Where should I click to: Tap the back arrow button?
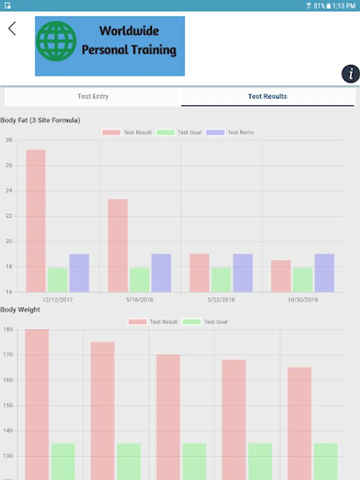click(12, 29)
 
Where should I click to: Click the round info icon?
click(350, 74)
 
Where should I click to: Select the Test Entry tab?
click(93, 97)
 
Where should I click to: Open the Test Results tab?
click(268, 97)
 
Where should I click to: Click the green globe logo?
click(56, 42)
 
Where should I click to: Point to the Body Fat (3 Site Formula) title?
click(41, 121)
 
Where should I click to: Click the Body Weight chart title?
click(20, 309)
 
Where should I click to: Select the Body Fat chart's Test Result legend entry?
click(127, 132)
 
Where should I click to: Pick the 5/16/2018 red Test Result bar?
click(118, 245)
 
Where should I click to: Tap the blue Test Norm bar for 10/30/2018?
click(324, 273)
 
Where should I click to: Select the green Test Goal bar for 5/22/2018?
click(221, 279)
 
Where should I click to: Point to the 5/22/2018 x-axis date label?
click(221, 300)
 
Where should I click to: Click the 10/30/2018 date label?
click(303, 300)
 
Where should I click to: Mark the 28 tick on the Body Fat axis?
click(9, 140)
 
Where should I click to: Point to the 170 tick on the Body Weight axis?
click(7, 355)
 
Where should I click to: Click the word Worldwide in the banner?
click(129, 31)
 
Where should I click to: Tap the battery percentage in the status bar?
click(319, 6)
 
